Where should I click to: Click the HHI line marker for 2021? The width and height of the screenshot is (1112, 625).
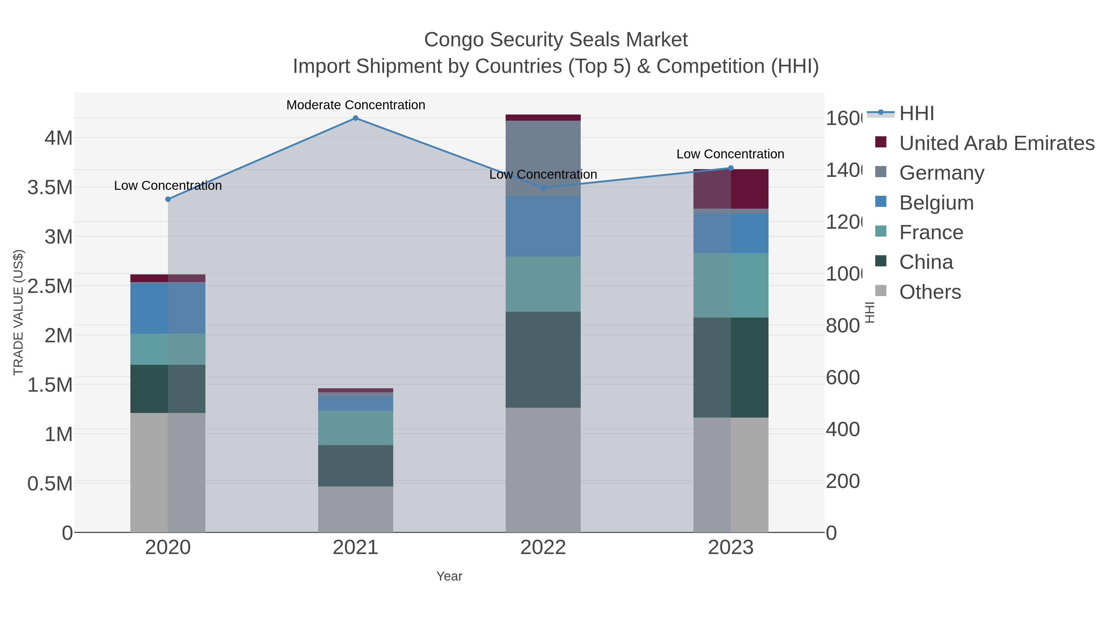[355, 118]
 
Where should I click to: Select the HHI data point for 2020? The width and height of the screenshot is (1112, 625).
[168, 199]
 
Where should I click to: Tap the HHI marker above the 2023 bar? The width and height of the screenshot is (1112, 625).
[731, 168]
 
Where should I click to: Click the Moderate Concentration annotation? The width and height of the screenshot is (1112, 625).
[355, 105]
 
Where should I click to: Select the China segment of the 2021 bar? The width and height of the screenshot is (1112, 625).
[355, 465]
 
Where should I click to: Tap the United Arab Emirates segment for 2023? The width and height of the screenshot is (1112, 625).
[731, 189]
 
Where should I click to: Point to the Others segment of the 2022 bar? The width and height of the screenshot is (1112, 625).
[543, 470]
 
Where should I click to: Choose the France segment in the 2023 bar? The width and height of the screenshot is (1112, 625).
[731, 285]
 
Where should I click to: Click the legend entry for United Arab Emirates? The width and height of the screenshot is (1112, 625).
[996, 143]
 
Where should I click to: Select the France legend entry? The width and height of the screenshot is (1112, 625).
[931, 232]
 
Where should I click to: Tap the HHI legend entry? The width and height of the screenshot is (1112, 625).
[916, 114]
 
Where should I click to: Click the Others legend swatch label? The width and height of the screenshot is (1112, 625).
[930, 292]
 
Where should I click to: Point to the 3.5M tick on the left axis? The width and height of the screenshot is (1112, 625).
[50, 188]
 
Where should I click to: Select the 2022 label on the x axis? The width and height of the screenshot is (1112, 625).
[543, 547]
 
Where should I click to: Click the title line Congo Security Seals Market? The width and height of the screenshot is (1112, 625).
[556, 40]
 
